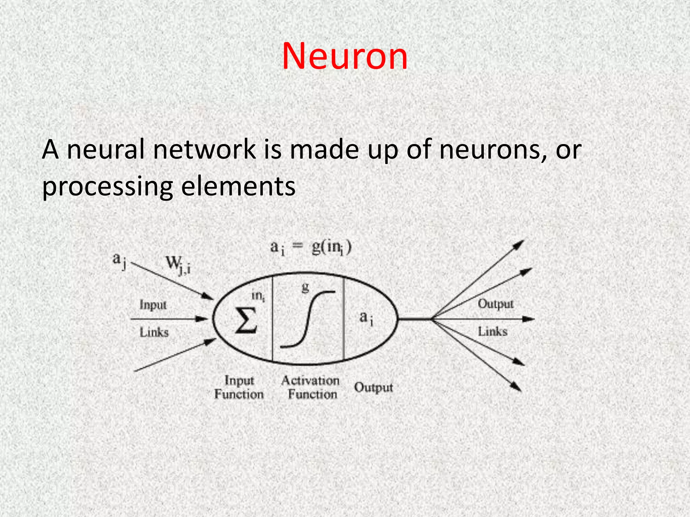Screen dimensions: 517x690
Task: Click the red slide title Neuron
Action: tap(345, 57)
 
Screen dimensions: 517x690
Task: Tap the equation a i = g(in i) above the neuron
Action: tap(311, 248)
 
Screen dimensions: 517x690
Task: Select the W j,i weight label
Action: tap(178, 266)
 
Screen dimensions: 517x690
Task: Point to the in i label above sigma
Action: tap(258, 296)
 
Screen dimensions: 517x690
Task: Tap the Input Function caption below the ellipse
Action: tap(239, 387)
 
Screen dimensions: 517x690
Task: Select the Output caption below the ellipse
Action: tap(373, 387)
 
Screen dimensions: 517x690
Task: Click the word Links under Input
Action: tap(154, 333)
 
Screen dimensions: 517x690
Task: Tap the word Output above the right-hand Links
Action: tap(496, 304)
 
